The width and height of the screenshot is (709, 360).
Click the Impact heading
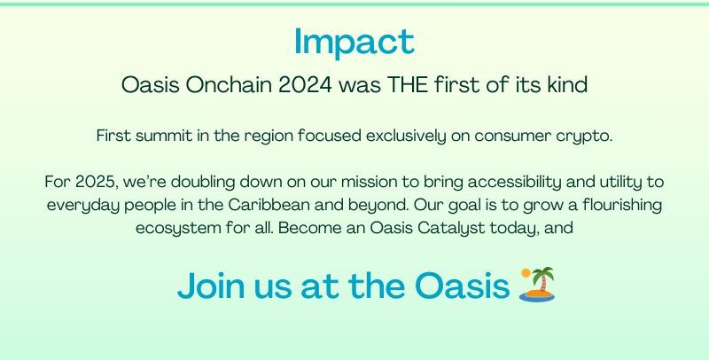click(354, 41)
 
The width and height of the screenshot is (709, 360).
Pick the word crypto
click(584, 137)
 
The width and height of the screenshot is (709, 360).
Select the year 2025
click(96, 182)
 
